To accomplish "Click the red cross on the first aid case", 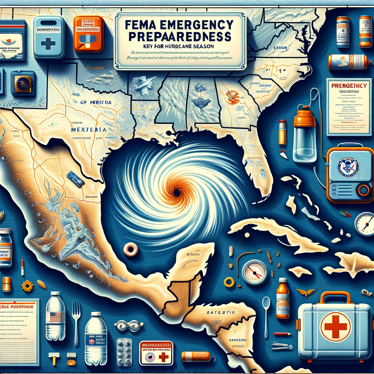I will (x=335, y=327).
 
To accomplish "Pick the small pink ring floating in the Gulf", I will (x=130, y=249).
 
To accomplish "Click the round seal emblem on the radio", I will (x=348, y=167).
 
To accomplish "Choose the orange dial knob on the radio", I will (x=364, y=190).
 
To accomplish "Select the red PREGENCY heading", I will (x=349, y=85).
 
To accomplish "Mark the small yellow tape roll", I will (x=229, y=282).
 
